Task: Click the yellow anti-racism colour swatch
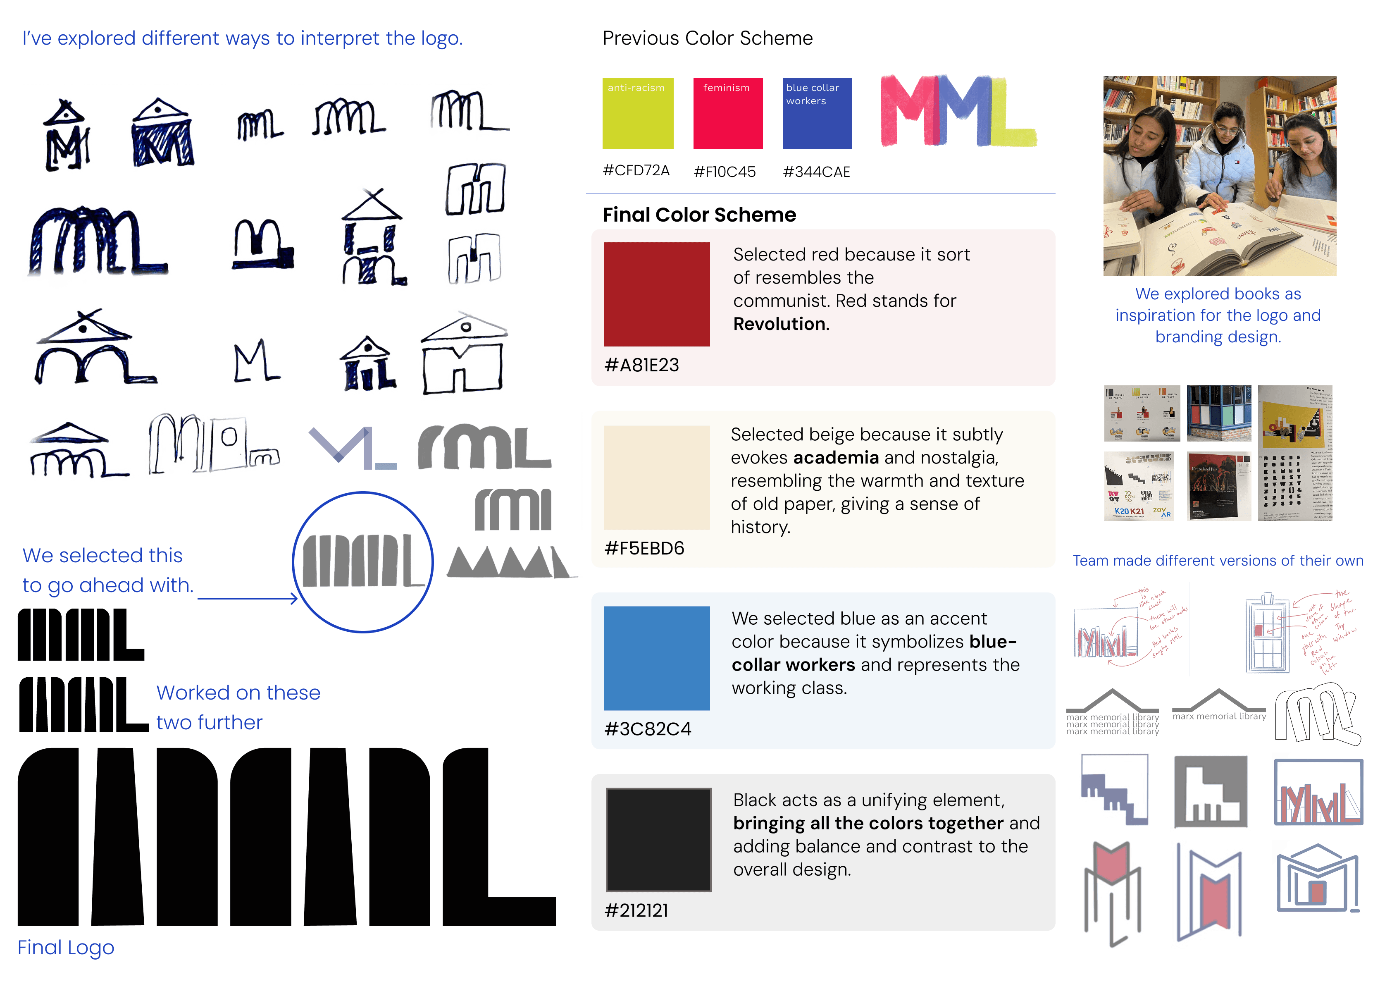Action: [x=638, y=113]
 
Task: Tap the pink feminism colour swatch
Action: [x=727, y=113]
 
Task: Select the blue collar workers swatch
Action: [x=817, y=113]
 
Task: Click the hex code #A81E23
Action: [x=641, y=365]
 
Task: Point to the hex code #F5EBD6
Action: [x=644, y=548]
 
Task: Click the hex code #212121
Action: [x=636, y=910]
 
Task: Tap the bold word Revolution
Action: [x=781, y=325]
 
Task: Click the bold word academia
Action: [x=835, y=457]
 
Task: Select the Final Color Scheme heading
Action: [x=699, y=215]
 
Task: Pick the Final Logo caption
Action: [x=65, y=948]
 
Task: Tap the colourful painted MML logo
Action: [x=959, y=111]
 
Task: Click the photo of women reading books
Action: [x=1219, y=176]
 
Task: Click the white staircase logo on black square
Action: [x=1210, y=792]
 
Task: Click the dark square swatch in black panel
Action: [x=658, y=840]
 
